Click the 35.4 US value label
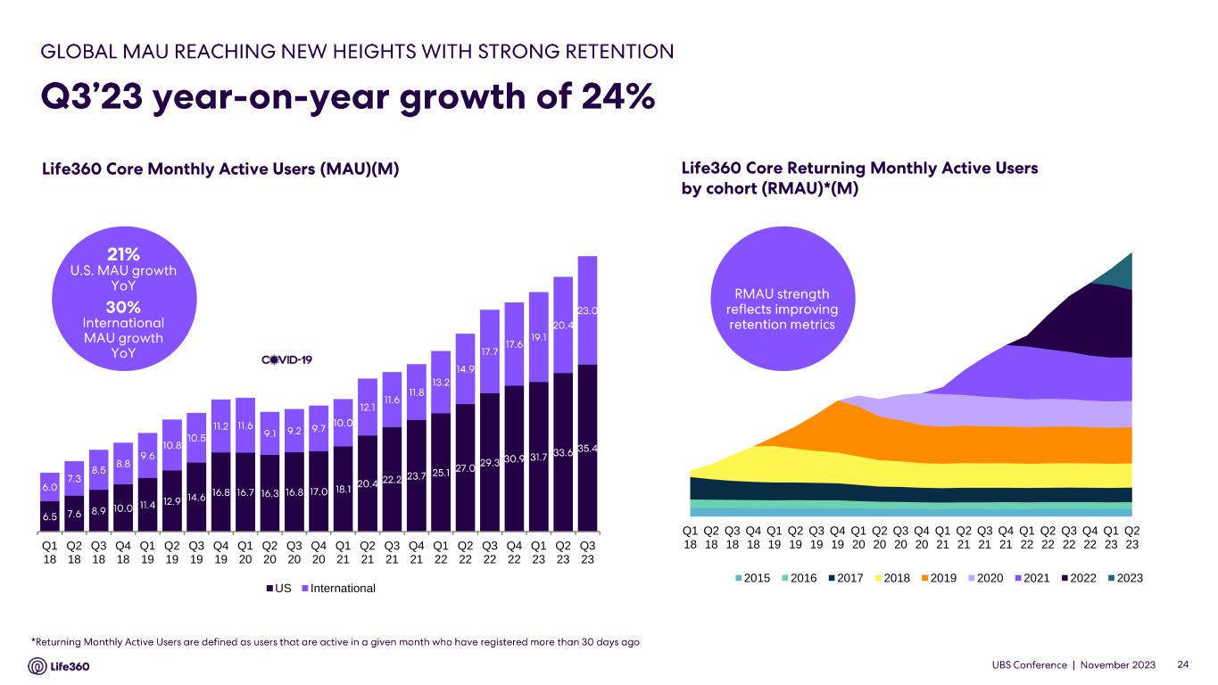(586, 447)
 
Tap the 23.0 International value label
(586, 311)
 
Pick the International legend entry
(344, 589)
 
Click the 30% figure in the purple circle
(124, 307)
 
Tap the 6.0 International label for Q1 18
(50, 488)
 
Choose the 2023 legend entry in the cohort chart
(1123, 578)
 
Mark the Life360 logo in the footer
(60, 665)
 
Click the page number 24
(1184, 665)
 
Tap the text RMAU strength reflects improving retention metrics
(782, 309)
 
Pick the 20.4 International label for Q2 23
(562, 326)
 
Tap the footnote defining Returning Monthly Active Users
(335, 641)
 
